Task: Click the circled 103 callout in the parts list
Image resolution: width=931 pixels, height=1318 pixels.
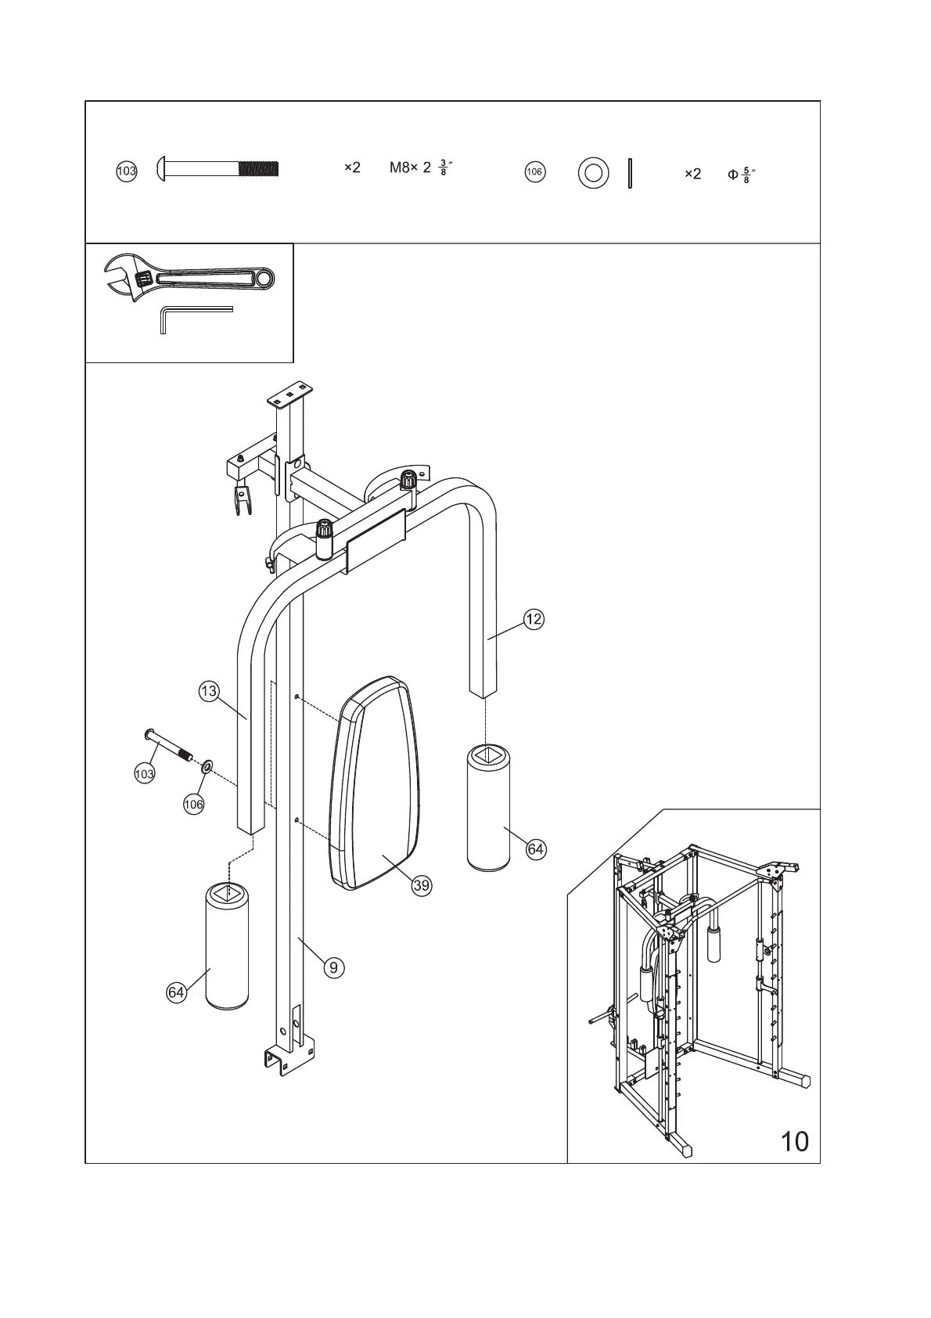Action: coord(126,171)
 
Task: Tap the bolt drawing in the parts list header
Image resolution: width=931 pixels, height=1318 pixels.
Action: coord(219,168)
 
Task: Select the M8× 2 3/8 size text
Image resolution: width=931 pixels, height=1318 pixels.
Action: coord(422,168)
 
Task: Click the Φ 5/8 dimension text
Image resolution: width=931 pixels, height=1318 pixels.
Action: coord(740,174)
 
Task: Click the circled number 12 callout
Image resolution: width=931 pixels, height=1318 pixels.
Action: coord(534,620)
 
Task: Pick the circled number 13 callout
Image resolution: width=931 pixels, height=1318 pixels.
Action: coord(208,692)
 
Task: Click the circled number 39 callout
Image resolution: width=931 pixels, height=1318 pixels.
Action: coord(422,885)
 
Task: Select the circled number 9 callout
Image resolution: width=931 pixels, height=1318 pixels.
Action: coord(333,967)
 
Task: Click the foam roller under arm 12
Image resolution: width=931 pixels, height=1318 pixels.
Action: coord(487,808)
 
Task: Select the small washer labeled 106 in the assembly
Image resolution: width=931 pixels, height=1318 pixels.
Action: coord(207,765)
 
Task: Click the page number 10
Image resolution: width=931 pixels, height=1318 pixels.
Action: coord(795,1142)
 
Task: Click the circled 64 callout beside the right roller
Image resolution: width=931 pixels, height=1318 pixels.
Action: coord(535,849)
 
